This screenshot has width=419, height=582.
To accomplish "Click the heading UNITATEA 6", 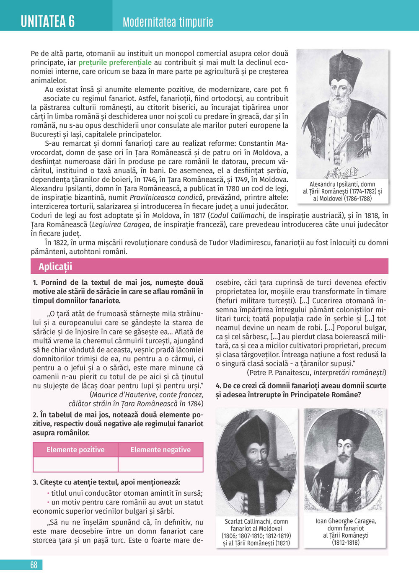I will [x=48, y=21].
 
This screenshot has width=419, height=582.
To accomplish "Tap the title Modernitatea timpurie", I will [x=168, y=22].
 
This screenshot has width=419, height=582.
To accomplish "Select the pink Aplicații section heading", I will [x=55, y=267].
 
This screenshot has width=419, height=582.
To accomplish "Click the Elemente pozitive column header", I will [x=75, y=450].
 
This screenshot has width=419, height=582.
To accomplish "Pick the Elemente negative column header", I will [x=160, y=450].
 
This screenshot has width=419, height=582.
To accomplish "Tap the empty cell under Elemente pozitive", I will [x=75, y=464].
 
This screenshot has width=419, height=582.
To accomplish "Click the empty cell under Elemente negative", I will [x=160, y=464].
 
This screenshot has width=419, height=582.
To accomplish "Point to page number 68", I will [x=34, y=565].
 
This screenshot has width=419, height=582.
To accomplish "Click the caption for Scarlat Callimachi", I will [x=256, y=532].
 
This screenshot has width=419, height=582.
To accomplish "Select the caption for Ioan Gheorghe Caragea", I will [x=346, y=531].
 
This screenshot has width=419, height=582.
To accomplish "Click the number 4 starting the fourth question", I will [x=218, y=386].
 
